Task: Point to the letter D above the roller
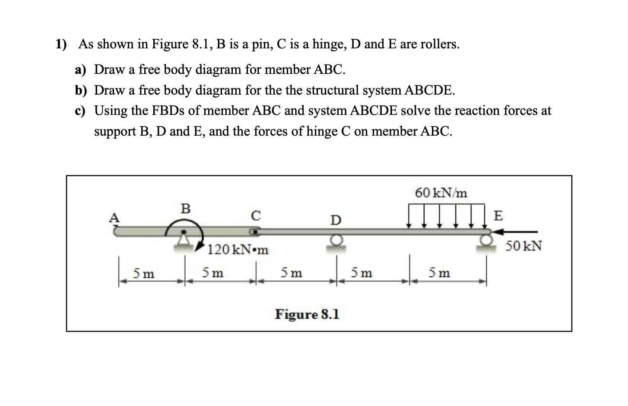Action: point(336,221)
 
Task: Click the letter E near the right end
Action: point(498,216)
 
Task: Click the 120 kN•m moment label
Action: point(238,250)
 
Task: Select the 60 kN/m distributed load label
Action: point(441,193)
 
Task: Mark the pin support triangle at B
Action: point(184,239)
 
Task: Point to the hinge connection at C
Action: point(255,232)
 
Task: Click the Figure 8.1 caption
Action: point(307,314)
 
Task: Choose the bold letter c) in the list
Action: point(79,111)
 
